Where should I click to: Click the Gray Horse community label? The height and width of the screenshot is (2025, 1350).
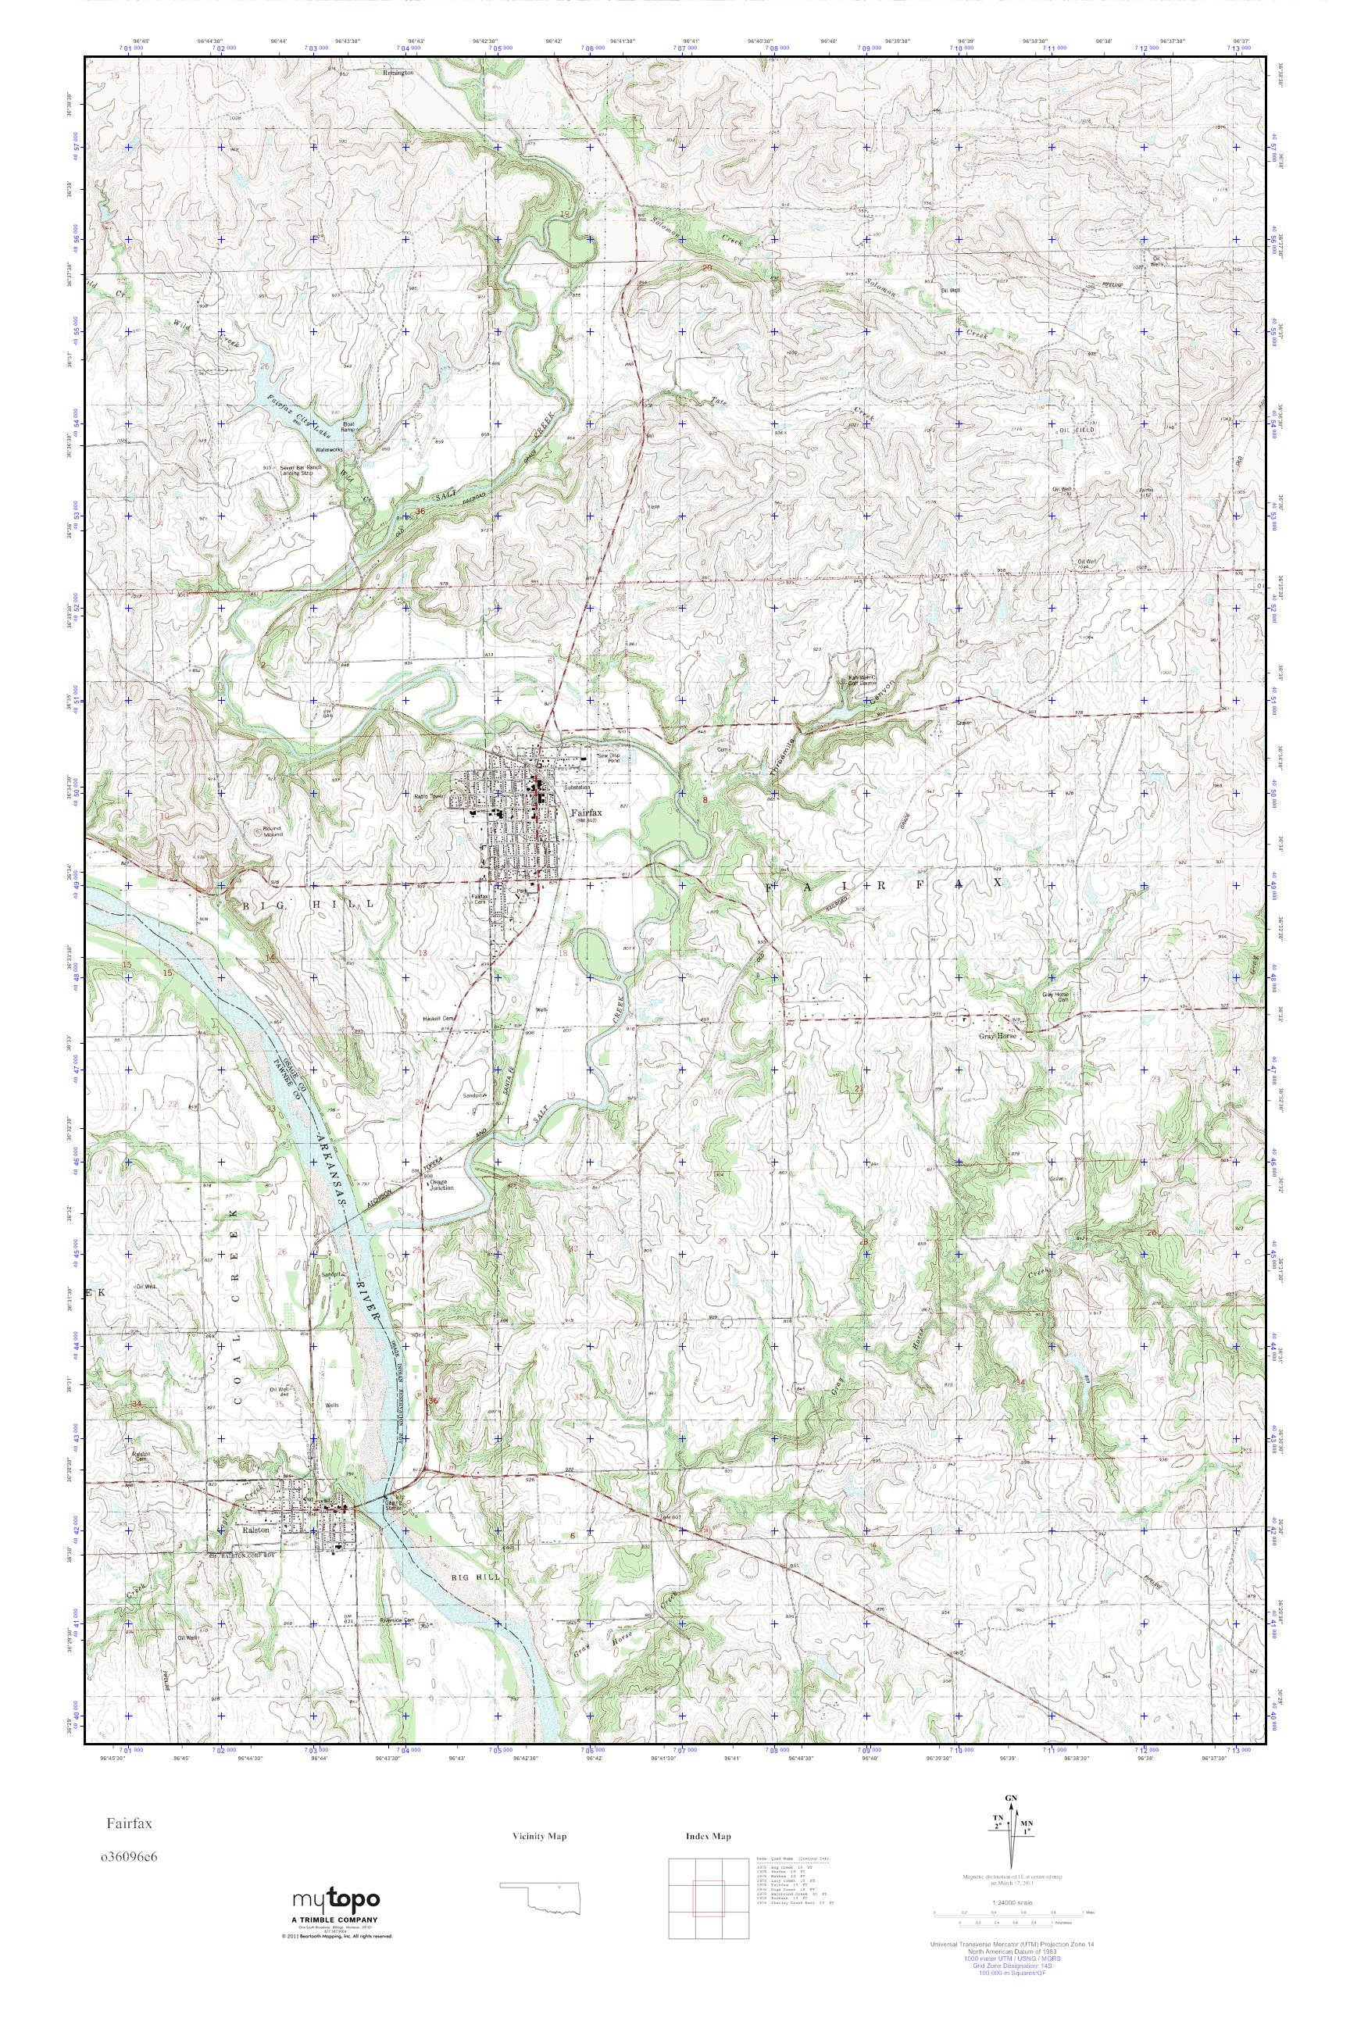(x=997, y=1037)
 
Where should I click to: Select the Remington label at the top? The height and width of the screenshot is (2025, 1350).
(x=398, y=73)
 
